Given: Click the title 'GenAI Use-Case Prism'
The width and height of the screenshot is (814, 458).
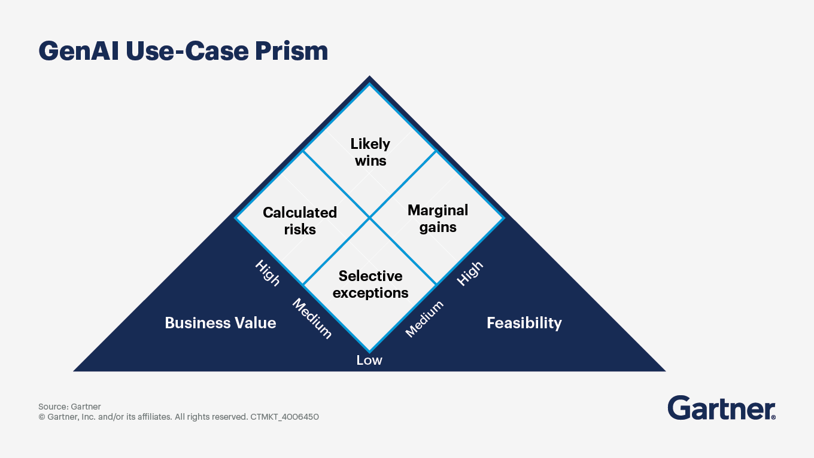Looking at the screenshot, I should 183,51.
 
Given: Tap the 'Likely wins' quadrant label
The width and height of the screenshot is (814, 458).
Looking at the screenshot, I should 370,152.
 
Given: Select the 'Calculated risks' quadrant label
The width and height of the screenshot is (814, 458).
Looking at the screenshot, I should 300,221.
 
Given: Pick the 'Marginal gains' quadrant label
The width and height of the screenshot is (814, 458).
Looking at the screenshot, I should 438,218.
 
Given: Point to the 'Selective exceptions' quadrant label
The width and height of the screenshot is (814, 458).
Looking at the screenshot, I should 370,284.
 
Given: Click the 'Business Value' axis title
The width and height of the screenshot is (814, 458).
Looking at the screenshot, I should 220,323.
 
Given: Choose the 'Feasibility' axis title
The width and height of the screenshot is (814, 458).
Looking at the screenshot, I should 524,323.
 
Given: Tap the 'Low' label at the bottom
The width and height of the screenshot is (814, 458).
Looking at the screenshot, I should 369,360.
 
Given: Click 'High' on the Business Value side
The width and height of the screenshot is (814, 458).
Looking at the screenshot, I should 268,273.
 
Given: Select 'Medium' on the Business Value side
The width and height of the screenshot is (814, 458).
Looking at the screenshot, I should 312,318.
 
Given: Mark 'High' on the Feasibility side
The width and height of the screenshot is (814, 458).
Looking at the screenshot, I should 470,274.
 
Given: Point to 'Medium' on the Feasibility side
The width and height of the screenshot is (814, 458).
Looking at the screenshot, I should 424,319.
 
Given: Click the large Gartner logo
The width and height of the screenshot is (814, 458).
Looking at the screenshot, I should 721,408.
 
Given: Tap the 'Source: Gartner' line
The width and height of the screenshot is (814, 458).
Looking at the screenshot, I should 69,407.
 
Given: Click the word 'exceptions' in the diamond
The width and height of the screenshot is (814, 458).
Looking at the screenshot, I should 370,293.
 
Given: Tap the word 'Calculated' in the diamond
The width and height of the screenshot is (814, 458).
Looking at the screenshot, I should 300,212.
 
